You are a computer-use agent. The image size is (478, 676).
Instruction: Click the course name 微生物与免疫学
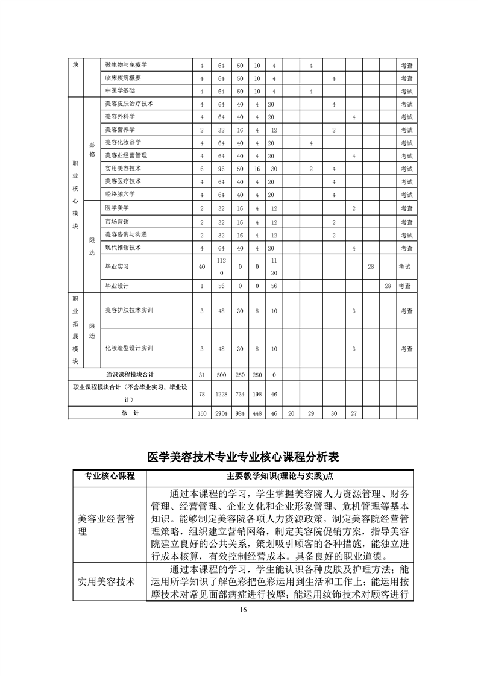(126, 65)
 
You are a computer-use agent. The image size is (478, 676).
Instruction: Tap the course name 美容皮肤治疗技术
(129, 104)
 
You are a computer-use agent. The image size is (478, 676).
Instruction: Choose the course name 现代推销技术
(122, 248)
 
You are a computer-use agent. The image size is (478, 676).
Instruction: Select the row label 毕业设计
(116, 286)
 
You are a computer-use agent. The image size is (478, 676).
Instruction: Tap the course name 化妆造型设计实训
(129, 348)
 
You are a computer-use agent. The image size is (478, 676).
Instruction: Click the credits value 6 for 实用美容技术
(202, 169)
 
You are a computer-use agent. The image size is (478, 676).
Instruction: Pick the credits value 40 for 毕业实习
(202, 266)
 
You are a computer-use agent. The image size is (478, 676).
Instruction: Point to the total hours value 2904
(221, 413)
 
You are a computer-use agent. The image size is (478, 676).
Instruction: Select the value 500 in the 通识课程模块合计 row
(221, 375)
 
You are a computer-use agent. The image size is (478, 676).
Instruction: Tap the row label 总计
(130, 413)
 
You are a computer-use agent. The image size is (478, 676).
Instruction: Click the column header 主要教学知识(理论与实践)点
(280, 476)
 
